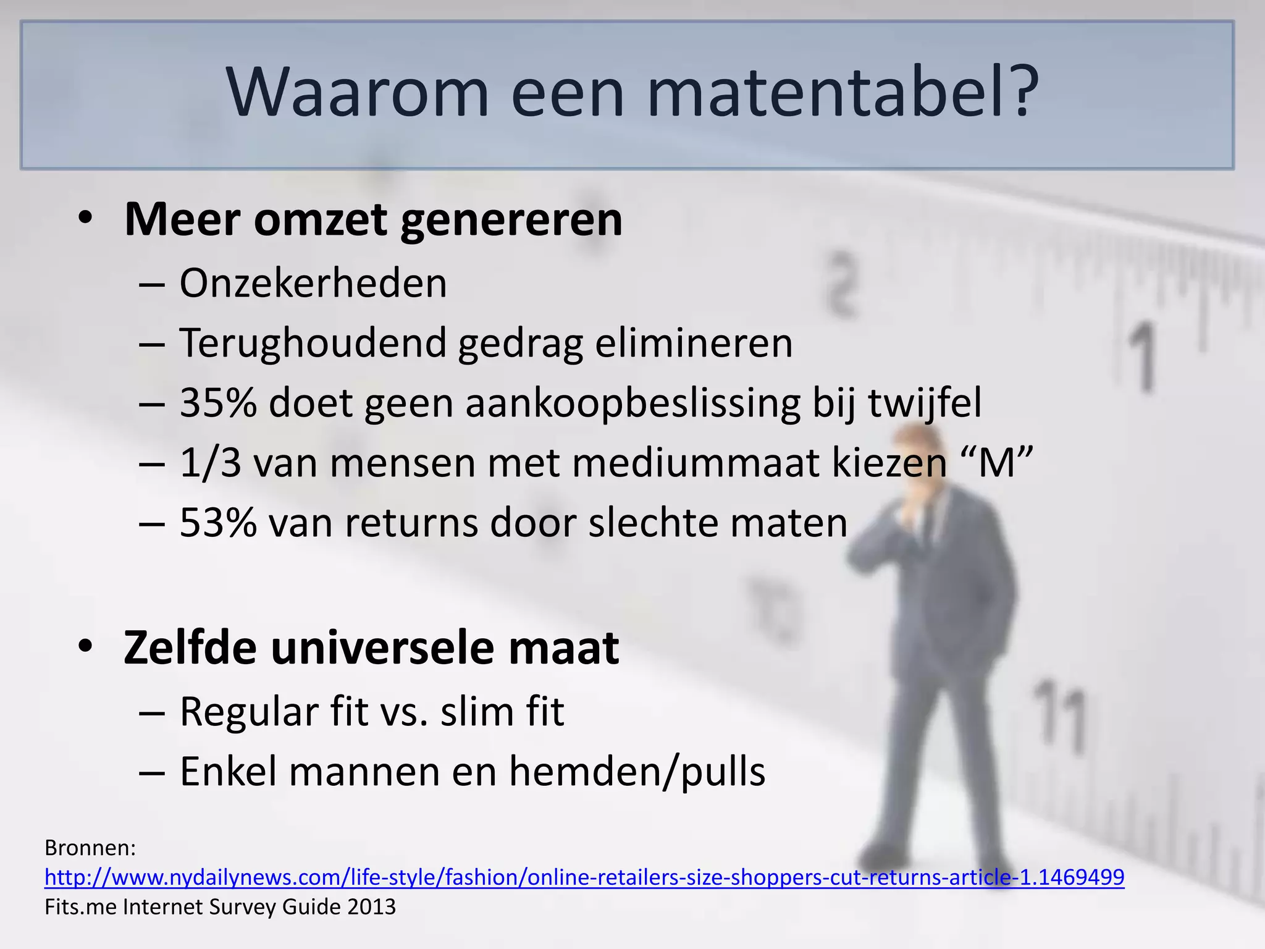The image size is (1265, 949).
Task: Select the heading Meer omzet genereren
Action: coord(373,219)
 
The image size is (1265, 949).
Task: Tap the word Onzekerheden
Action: coord(313,284)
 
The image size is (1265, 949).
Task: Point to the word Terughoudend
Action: coord(313,344)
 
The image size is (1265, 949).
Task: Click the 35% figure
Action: coord(218,403)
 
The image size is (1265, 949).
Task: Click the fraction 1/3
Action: coord(210,463)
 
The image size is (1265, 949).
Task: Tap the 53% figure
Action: coord(218,523)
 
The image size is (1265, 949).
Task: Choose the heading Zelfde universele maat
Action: coord(371,648)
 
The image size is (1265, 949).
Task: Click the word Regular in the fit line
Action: coord(249,712)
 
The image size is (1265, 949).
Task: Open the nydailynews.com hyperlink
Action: coord(584,877)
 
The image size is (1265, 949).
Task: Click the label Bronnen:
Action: coord(90,848)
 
